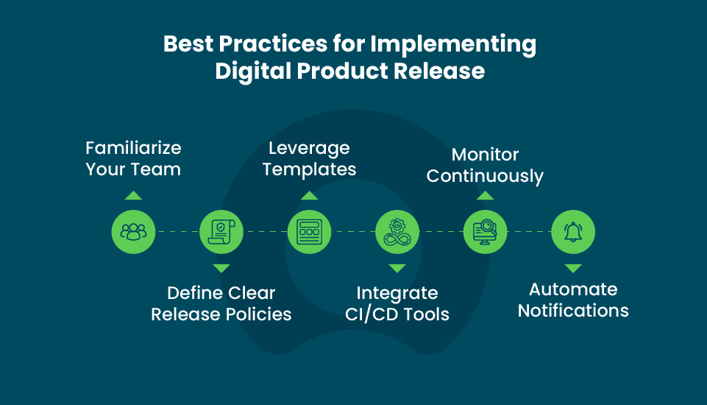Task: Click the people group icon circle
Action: point(133,232)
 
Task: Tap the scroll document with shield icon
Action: point(221,232)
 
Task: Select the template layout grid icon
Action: point(309,232)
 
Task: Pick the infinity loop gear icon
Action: point(397,232)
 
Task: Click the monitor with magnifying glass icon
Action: point(485,232)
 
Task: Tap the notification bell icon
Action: point(573,232)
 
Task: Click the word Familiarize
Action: point(133,147)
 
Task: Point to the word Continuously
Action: point(485,177)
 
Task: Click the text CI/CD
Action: point(372,314)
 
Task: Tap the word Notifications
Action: point(573,311)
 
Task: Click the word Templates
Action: point(309,169)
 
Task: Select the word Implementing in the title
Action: point(453,45)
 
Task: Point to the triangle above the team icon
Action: point(133,195)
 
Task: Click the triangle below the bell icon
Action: point(573,269)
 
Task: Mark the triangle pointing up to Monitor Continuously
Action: point(485,195)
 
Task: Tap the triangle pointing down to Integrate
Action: point(397,269)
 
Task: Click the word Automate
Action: point(573,289)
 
